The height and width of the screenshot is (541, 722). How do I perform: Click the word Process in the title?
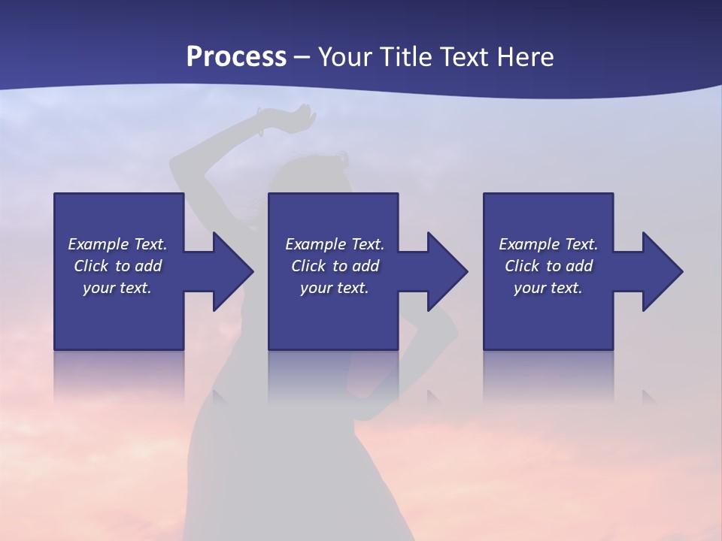(236, 56)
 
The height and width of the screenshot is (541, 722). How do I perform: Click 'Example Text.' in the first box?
(117, 244)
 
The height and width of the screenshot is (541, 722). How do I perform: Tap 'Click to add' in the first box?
(117, 266)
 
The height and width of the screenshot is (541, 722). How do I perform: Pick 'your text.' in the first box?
(117, 288)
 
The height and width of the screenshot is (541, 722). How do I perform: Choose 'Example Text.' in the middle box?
(335, 244)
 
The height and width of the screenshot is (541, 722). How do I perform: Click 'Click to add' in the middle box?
(335, 266)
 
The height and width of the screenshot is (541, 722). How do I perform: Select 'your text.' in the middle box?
(335, 288)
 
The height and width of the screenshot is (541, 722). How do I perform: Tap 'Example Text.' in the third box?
(548, 244)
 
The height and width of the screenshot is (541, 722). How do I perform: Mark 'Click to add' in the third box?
(548, 266)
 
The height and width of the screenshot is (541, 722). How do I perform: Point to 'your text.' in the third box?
(548, 288)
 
